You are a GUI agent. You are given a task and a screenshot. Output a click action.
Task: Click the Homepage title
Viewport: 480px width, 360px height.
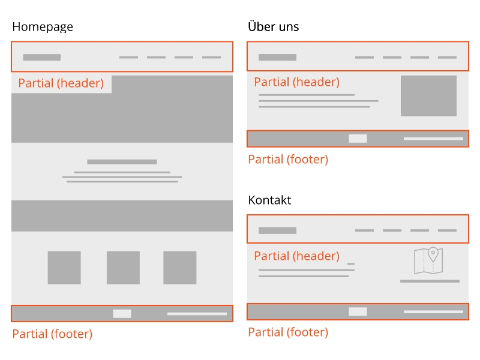[x=43, y=27]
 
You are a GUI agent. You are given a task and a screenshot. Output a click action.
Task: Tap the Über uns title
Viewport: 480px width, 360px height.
[x=273, y=27]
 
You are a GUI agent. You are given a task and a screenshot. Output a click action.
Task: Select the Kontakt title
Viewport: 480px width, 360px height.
[x=269, y=200]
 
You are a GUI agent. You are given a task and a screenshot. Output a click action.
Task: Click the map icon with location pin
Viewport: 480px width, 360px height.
[x=428, y=260]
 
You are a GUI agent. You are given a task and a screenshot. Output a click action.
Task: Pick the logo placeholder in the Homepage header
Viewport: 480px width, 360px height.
[x=42, y=58]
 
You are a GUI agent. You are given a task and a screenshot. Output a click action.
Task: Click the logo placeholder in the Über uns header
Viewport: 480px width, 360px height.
[x=277, y=58]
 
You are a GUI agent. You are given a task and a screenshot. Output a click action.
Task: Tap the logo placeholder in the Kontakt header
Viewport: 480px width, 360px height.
[x=277, y=230]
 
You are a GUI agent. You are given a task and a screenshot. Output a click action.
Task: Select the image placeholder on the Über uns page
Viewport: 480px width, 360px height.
[x=428, y=96]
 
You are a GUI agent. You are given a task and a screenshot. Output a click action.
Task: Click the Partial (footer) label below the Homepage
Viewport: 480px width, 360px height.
[x=52, y=334]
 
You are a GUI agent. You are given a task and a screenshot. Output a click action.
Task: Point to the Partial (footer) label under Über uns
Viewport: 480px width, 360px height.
[x=288, y=160]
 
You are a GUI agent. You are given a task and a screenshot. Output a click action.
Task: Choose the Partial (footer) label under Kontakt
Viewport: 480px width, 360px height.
[x=288, y=332]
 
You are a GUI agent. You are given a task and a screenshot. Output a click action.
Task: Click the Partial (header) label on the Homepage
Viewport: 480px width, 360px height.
[x=61, y=83]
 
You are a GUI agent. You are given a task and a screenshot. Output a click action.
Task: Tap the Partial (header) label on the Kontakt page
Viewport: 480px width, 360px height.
[x=296, y=256]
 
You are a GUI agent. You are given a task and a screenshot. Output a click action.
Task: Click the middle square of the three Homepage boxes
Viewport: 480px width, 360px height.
[x=123, y=268]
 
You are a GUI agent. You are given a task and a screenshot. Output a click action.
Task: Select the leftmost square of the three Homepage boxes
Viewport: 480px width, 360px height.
[x=64, y=268]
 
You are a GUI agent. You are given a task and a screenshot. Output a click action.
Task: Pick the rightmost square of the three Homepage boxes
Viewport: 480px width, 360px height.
[x=179, y=268]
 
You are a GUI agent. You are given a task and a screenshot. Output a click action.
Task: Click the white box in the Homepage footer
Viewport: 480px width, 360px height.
[x=122, y=314]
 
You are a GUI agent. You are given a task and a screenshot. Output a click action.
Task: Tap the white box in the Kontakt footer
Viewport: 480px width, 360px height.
[x=358, y=311]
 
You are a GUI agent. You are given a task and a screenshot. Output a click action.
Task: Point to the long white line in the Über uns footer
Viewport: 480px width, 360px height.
[x=433, y=139]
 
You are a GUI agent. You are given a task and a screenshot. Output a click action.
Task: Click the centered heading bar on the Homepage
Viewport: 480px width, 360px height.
[x=122, y=162]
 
